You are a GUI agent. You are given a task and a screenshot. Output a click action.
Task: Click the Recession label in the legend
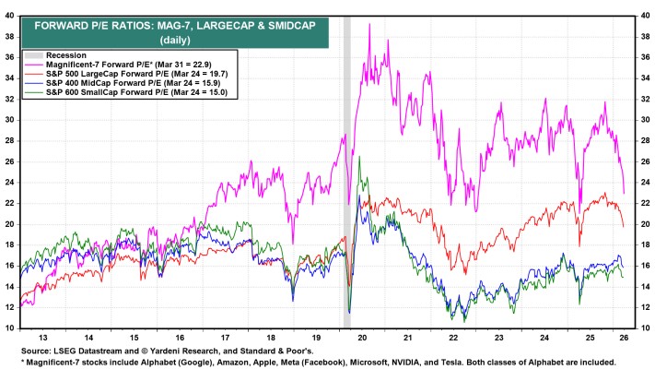click(64, 55)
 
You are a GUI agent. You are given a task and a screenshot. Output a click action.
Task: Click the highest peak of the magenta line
click(369, 25)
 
